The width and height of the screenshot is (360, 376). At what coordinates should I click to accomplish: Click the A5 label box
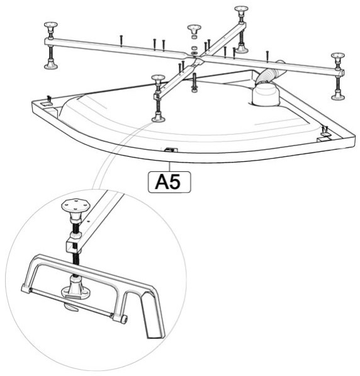169,182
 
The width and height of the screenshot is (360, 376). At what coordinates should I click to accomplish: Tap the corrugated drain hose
269,72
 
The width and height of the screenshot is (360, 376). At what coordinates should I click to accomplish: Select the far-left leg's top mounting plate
51,25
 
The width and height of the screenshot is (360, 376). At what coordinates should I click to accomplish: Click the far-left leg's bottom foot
51,66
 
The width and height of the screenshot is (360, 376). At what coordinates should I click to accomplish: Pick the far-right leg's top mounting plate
338,55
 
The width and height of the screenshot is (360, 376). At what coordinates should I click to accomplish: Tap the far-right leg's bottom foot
338,96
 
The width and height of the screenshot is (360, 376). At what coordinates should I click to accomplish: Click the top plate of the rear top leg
241,9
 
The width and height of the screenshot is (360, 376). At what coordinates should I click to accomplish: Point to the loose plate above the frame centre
194,28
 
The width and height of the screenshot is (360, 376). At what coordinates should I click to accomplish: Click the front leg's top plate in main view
158,77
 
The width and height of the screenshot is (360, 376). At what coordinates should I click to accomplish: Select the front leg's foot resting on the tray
158,118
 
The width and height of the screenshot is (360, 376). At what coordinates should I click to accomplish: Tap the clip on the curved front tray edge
169,150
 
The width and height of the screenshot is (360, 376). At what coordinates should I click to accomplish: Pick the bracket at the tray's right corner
323,135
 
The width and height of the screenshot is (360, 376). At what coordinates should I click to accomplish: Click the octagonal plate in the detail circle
76,205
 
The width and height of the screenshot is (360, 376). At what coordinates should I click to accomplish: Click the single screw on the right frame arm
267,56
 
